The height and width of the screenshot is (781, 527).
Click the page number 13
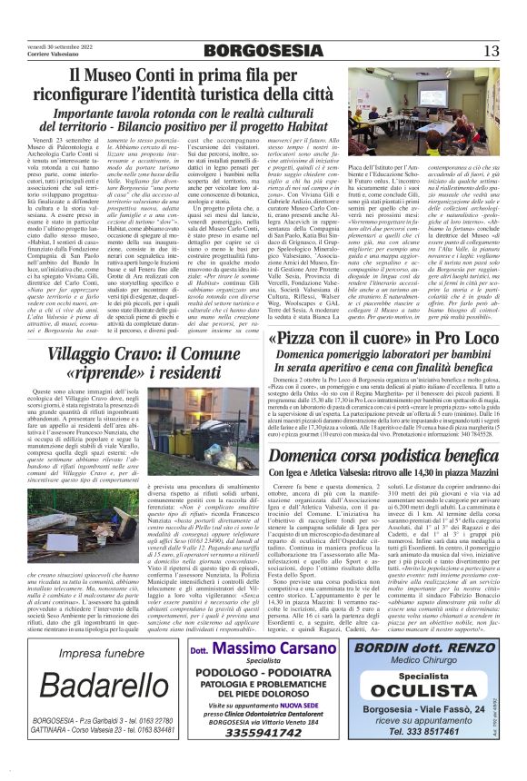click(492, 51)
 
